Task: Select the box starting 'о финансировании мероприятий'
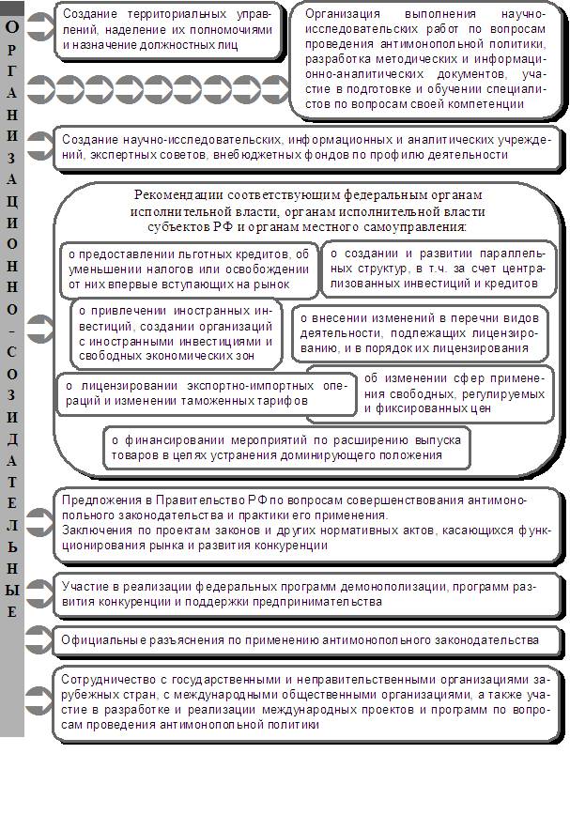286,447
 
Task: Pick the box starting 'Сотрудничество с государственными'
305,703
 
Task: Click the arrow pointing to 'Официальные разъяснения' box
39,640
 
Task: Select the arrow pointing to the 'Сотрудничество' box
39,697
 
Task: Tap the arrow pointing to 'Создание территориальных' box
39,28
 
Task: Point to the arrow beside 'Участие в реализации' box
39,592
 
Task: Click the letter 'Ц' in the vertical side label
11,203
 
